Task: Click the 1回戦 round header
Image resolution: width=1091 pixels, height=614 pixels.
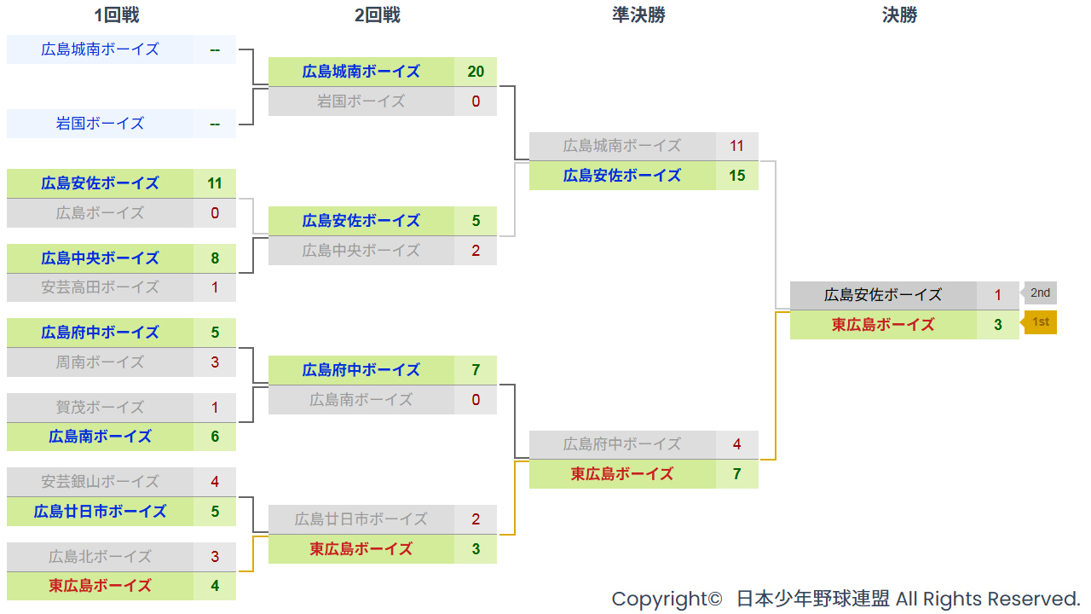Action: coord(117,15)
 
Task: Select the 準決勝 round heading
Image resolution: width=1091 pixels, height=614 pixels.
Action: coord(638,15)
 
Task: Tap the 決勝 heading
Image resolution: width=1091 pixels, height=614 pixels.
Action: coord(899,15)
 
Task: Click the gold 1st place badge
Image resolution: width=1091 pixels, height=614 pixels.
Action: coord(1040,322)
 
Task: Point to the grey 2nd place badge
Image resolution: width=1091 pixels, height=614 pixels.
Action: coord(1039,293)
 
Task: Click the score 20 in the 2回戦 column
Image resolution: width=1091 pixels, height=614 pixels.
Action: coord(476,72)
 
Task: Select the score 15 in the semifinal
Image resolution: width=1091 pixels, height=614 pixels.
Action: coord(736,176)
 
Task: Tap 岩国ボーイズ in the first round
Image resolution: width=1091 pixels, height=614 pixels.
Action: coord(100,124)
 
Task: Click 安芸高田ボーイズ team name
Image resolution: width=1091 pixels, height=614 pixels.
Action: coord(100,287)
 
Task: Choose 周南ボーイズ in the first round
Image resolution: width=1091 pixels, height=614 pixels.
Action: coord(100,362)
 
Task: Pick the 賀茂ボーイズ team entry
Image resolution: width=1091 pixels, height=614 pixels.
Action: coord(100,408)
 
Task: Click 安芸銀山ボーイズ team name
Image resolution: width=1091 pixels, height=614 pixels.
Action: coord(100,482)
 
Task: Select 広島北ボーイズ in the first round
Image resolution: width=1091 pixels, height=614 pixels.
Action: coord(100,557)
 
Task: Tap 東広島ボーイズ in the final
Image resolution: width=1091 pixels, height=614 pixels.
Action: coord(883,325)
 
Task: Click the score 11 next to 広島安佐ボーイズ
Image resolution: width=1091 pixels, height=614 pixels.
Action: coord(214,183)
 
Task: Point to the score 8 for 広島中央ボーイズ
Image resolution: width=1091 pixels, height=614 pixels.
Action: coord(214,258)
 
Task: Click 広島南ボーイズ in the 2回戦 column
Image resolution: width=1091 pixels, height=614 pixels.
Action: coord(361,400)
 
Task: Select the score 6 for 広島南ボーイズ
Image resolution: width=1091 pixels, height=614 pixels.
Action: coord(214,437)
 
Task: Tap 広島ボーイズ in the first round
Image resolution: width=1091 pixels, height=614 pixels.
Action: coord(100,213)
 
